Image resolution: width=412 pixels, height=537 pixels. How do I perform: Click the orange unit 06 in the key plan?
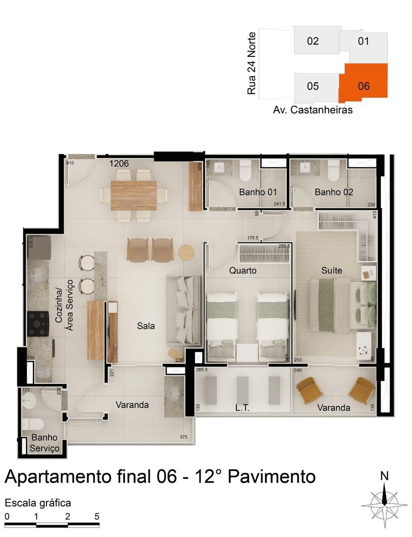pos(363,83)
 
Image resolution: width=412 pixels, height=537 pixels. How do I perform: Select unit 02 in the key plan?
pos(313,41)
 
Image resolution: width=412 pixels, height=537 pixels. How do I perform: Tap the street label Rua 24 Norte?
pos(252,63)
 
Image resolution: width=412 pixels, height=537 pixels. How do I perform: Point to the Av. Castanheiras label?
pos(313,110)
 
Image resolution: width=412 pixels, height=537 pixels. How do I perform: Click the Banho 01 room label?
pos(258,192)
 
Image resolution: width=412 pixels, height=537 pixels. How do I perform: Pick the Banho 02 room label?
pos(334,192)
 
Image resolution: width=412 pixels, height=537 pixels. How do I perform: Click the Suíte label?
pos(332,270)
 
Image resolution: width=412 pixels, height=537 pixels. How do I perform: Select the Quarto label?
pos(243,270)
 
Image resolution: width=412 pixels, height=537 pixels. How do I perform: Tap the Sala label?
pos(146,326)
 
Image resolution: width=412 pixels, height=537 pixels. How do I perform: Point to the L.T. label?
pos(242,408)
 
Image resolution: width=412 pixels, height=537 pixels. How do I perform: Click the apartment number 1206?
pos(119,164)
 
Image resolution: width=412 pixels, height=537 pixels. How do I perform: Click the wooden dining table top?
pos(134,195)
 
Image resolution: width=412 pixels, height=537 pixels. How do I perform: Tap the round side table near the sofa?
pos(186,252)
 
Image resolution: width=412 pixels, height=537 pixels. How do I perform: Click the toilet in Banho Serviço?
pos(33,424)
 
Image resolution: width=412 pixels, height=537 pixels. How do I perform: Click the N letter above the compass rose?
pos(384,476)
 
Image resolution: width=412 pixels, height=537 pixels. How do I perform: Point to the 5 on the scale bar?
pos(97,516)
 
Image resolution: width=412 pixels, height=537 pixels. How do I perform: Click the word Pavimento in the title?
pos(272,477)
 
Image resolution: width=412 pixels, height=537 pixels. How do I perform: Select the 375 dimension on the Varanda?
pos(183,437)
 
